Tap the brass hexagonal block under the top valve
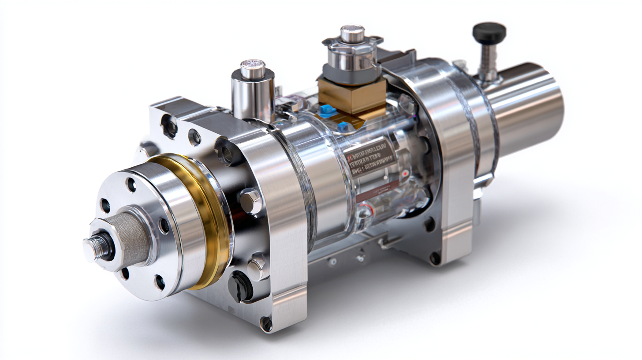(x=352, y=96)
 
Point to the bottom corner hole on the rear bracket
(x=435, y=258)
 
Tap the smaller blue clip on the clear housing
(x=343, y=127)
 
